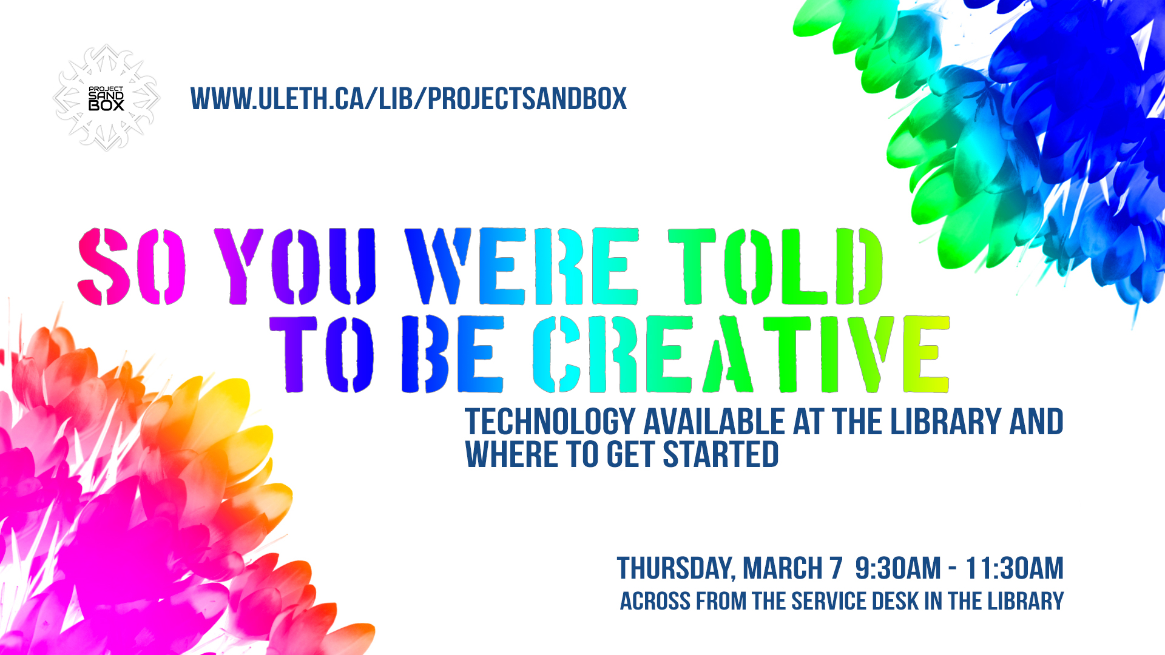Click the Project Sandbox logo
[x=106, y=98]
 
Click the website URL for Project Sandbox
[x=408, y=99]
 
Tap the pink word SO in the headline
[x=132, y=266]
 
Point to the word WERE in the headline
[x=522, y=266]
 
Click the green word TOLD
[x=775, y=266]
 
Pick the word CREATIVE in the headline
[x=741, y=354]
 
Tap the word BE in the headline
[x=453, y=354]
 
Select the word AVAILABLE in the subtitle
[x=714, y=422]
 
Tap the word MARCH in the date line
[x=783, y=568]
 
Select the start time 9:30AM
[x=898, y=568]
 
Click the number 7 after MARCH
[x=837, y=568]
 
